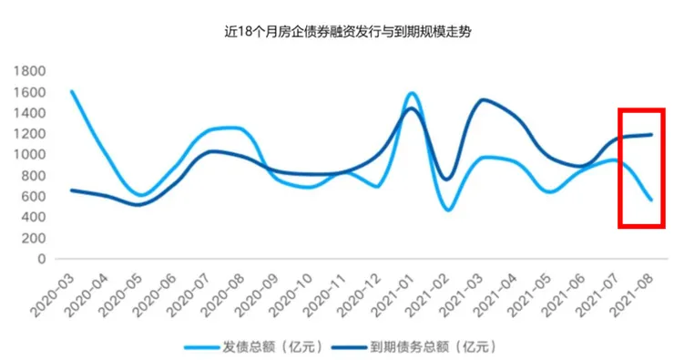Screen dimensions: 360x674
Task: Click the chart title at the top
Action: (336, 31)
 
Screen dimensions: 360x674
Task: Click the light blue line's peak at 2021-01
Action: (412, 93)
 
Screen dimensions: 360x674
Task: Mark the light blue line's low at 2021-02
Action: (448, 211)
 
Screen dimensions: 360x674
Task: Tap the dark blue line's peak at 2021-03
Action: (483, 100)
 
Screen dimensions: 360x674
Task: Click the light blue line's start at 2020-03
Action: (71, 91)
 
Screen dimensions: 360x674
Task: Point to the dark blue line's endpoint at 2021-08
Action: (650, 135)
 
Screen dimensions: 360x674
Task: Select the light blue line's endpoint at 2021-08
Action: (650, 200)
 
